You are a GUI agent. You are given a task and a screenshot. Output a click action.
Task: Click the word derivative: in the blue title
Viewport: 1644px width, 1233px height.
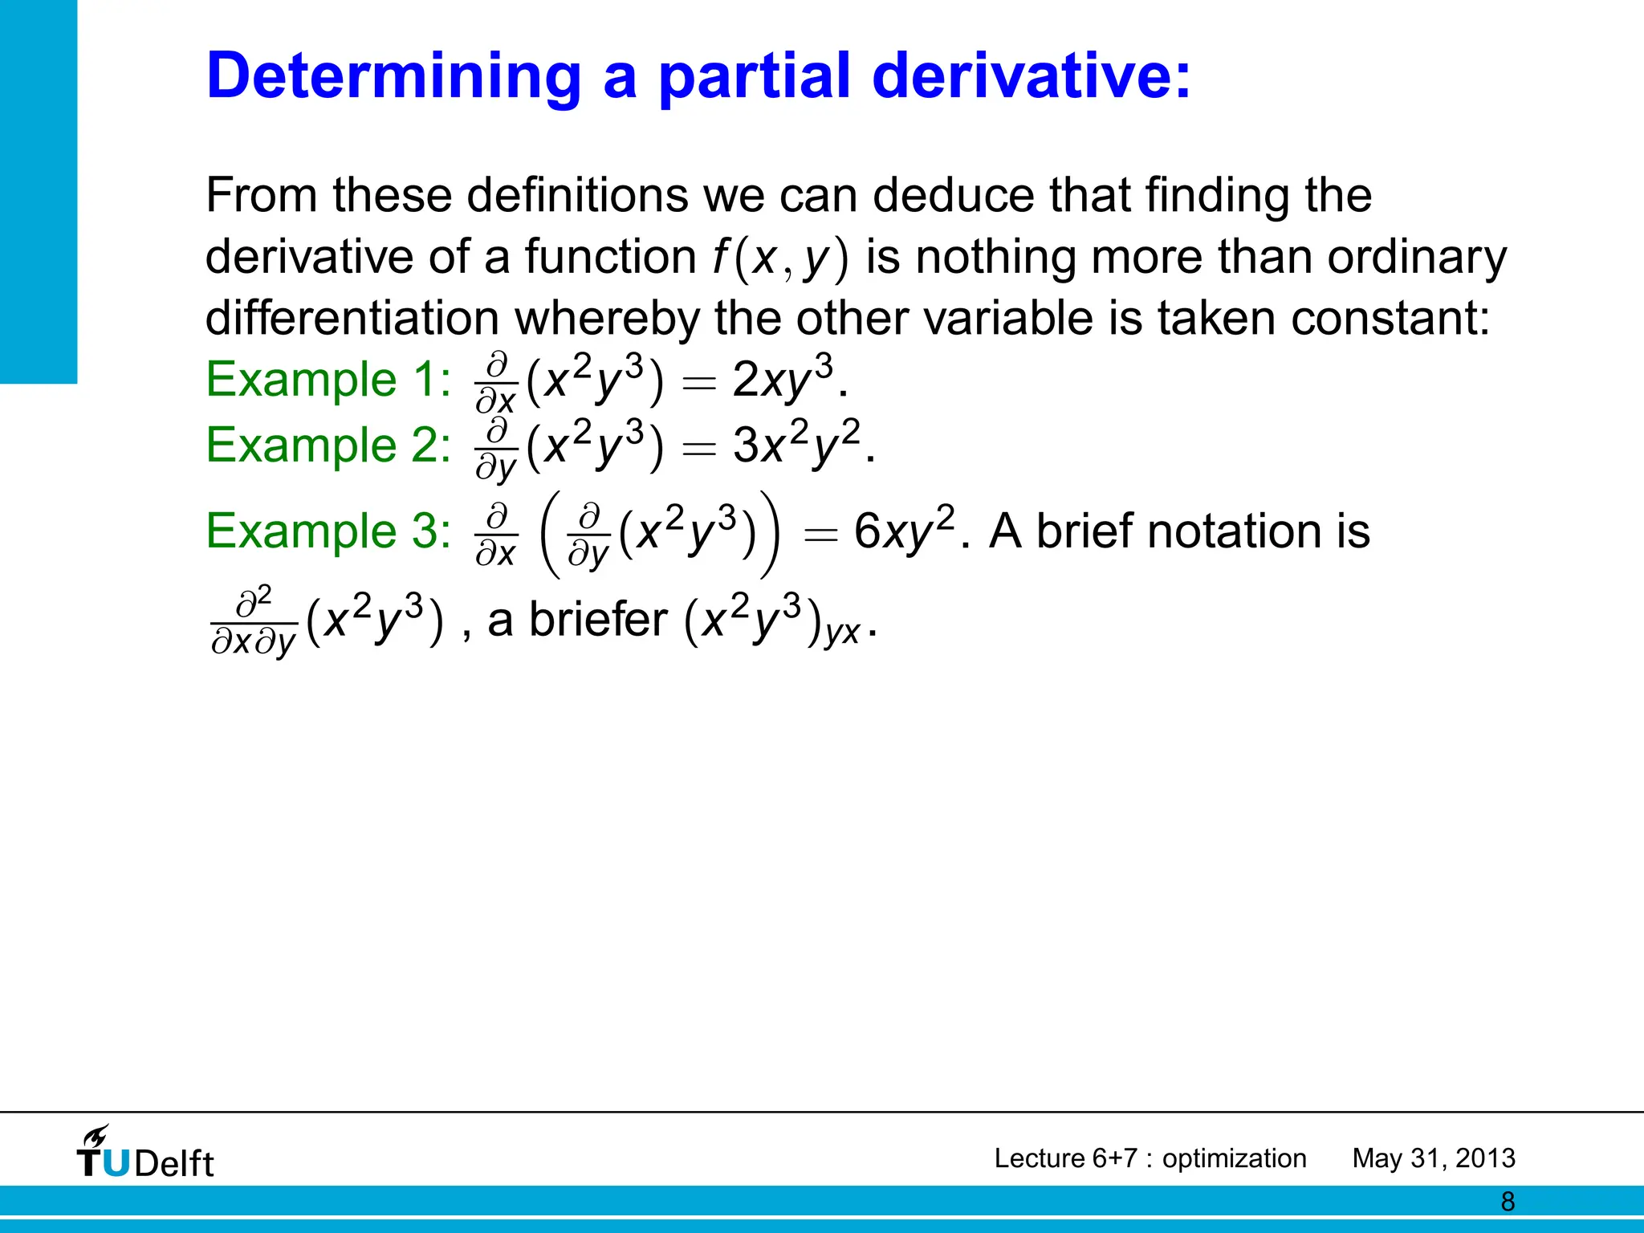(x=1031, y=76)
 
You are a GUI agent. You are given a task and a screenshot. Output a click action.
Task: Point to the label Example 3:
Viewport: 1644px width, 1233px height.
(x=328, y=531)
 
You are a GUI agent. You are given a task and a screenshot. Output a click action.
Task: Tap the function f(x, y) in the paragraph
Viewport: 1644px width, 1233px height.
(x=780, y=258)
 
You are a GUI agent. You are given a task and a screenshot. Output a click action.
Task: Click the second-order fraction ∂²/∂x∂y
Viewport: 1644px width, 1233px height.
(x=254, y=622)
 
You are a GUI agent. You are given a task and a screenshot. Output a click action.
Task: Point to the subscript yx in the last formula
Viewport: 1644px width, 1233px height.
(x=842, y=633)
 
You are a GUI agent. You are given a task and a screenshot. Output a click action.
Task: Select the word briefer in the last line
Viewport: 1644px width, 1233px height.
(x=598, y=620)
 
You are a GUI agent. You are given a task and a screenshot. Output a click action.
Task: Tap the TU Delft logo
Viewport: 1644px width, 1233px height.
(x=145, y=1154)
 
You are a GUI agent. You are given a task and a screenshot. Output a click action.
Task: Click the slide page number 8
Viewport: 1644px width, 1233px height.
(x=1508, y=1202)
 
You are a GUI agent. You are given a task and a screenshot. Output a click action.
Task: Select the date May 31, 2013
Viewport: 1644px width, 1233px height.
(x=1434, y=1158)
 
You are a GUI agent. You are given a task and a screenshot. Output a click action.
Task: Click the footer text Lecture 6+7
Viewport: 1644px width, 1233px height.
(x=1065, y=1158)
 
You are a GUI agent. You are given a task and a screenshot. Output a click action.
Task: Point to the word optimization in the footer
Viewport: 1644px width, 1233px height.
(x=1234, y=1158)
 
